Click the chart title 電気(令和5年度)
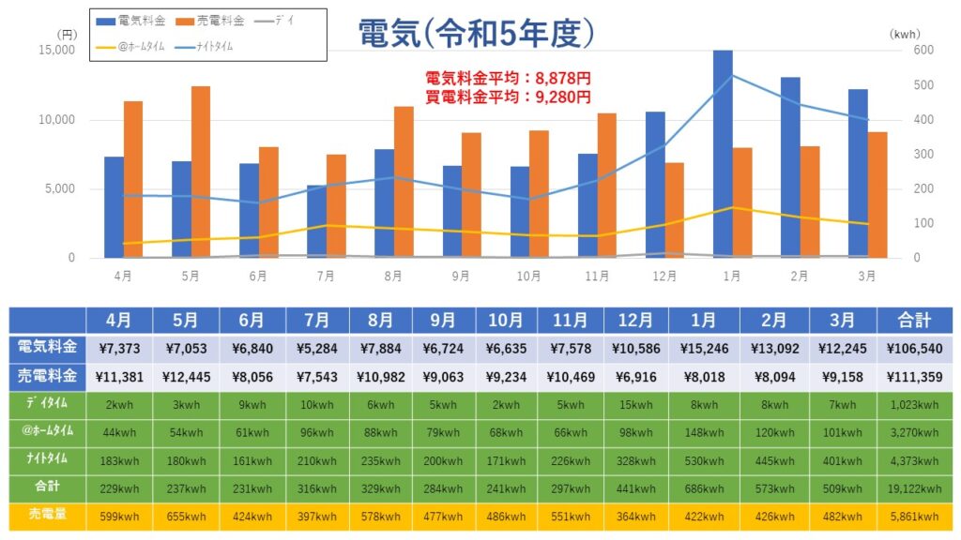[477, 34]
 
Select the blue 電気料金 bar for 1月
[722, 155]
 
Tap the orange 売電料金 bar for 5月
[201, 172]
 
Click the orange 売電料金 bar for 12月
[674, 210]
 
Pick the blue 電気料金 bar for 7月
[316, 221]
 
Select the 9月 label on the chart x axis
[461, 277]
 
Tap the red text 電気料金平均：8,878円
[508, 79]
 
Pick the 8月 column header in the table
[380, 320]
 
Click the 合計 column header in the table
[914, 320]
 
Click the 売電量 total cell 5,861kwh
[914, 517]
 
